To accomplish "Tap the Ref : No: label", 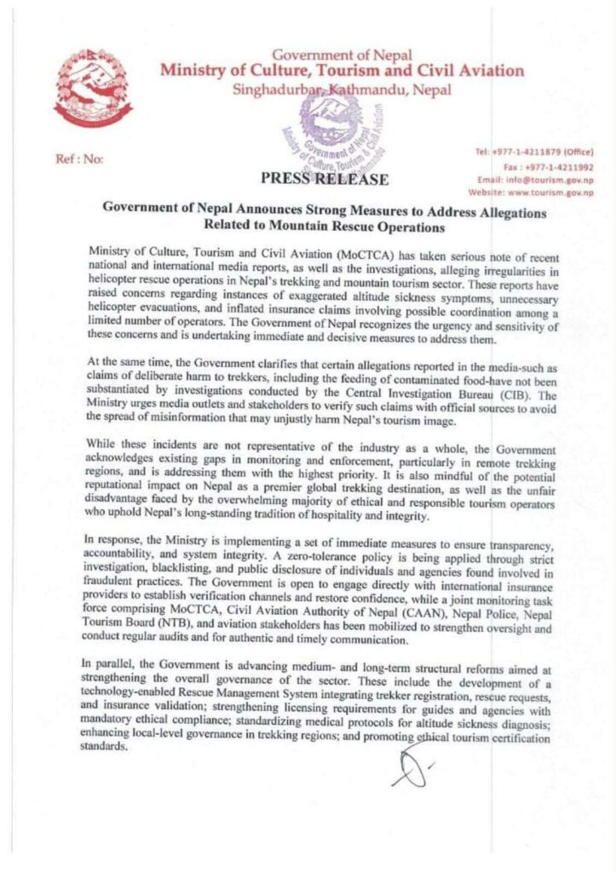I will [x=78, y=159].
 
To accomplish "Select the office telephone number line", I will [x=537, y=152].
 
